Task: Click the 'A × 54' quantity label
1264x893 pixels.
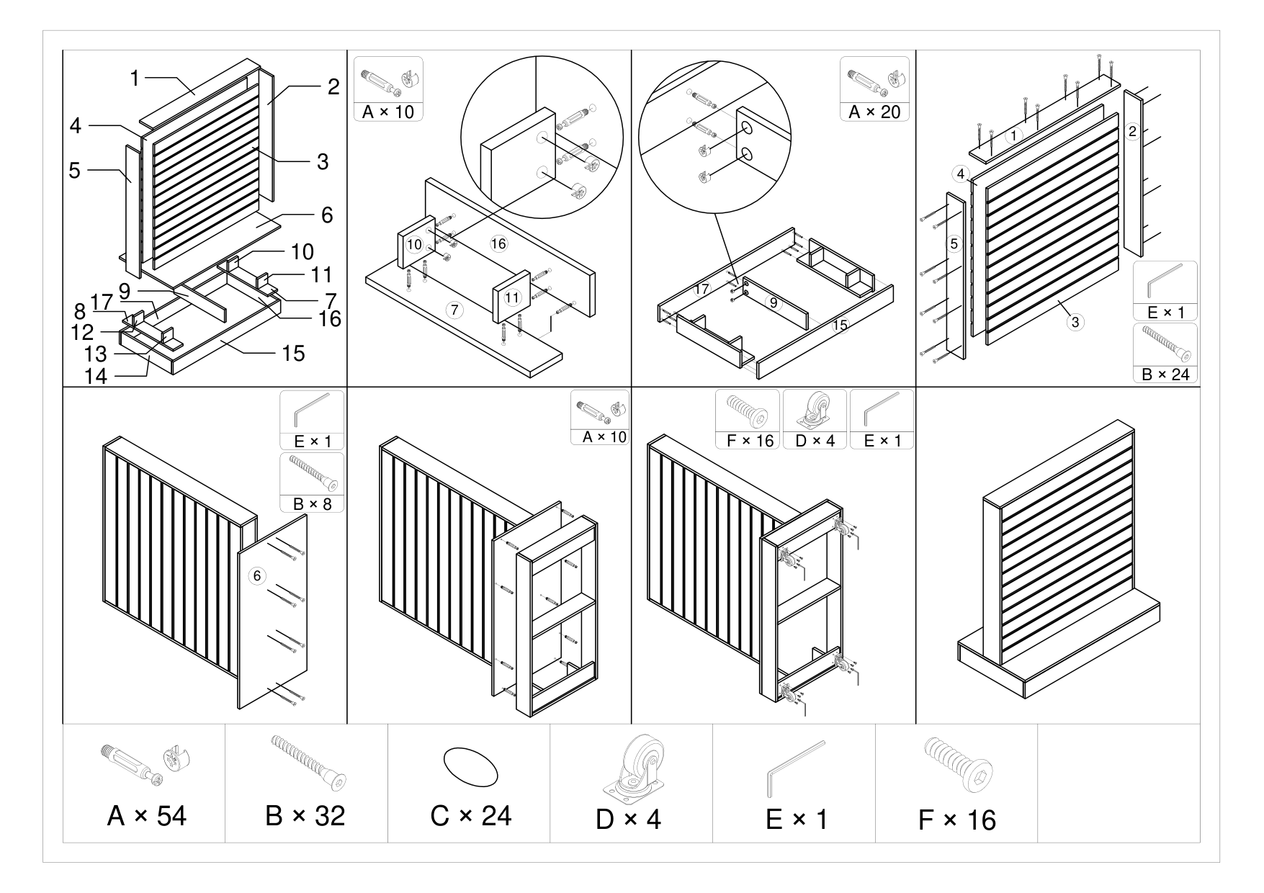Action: tap(146, 816)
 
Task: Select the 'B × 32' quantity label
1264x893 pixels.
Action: tap(305, 816)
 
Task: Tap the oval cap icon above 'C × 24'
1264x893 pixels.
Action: tap(470, 766)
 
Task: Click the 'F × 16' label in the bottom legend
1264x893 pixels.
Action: tap(957, 820)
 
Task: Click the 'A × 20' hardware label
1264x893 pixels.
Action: tap(874, 112)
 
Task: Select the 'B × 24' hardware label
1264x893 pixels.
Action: tap(1165, 374)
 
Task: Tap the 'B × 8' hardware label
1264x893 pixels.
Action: tap(313, 503)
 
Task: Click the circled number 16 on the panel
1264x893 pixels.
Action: tap(498, 243)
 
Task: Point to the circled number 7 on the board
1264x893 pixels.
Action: tap(454, 310)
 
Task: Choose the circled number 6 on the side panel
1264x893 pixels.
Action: tap(256, 575)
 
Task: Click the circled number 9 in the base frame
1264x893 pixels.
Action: tap(774, 303)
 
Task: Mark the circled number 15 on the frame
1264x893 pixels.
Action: tap(841, 326)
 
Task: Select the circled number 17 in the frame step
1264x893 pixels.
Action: tap(702, 290)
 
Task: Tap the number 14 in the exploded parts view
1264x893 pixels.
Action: tap(96, 376)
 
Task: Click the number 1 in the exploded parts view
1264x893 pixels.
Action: tap(135, 78)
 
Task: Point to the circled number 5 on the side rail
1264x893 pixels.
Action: tap(954, 243)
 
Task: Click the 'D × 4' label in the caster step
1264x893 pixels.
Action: tap(815, 441)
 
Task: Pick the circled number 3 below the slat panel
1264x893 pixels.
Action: tap(1075, 322)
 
